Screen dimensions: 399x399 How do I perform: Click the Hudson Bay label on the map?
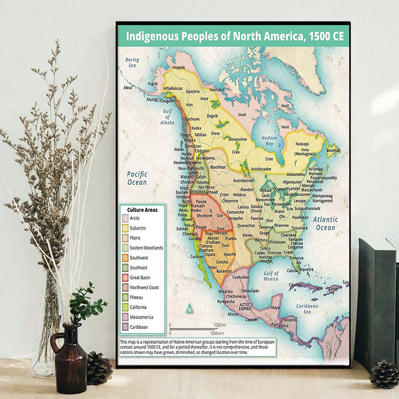269,140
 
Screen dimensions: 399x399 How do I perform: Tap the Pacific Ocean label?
137,178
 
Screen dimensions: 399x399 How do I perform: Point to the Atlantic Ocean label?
325,224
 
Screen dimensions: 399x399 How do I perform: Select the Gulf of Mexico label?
271,275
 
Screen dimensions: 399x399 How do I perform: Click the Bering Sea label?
132,62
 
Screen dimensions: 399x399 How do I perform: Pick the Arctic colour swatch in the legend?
125,218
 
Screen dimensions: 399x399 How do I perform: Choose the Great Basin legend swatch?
125,277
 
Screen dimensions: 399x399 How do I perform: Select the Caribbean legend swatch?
125,327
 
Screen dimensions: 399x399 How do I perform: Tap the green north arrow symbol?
189,308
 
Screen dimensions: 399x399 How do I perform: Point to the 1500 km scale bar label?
217,333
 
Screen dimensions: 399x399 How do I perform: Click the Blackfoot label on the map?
218,167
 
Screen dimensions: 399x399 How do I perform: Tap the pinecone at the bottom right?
384,374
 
